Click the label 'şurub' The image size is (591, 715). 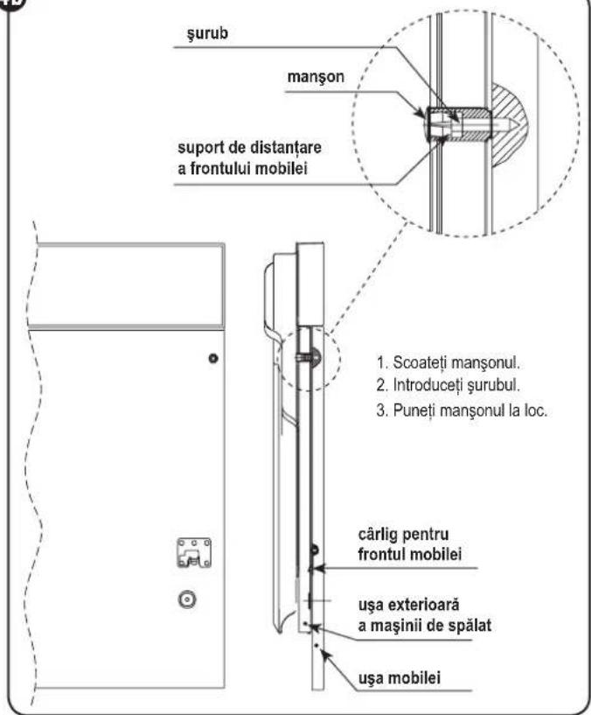pos(208,34)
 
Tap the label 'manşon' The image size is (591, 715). pos(316,77)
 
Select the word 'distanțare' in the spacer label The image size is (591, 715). pos(286,148)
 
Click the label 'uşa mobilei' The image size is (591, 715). pos(400,678)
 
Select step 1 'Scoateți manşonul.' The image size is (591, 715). pos(448,363)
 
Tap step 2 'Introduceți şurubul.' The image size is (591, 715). pos(448,385)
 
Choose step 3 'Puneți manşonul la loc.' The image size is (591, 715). pos(462,410)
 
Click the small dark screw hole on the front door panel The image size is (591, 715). pos(212,359)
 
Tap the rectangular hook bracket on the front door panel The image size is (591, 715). pos(194,553)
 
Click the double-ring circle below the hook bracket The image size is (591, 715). pos(187,599)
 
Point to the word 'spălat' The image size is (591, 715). pos(469,625)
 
